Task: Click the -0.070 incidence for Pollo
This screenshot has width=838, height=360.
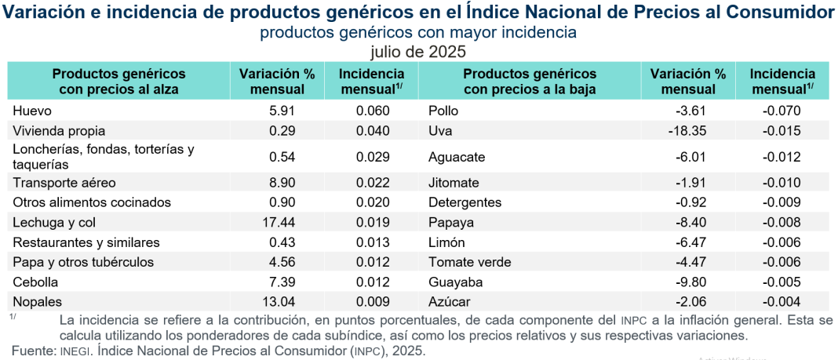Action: pyautogui.click(x=782, y=111)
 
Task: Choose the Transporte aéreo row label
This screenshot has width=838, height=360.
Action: pyautogui.click(x=64, y=183)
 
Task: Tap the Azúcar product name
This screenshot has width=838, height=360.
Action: pyautogui.click(x=450, y=301)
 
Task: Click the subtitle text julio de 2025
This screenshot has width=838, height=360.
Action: pyautogui.click(x=418, y=52)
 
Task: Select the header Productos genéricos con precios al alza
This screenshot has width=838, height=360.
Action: pyautogui.click(x=118, y=81)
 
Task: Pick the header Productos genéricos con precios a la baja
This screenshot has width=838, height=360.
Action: pyautogui.click(x=530, y=81)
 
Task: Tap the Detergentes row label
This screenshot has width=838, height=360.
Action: pyautogui.click(x=465, y=202)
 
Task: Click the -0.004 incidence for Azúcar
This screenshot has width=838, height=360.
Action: pyautogui.click(x=782, y=301)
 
